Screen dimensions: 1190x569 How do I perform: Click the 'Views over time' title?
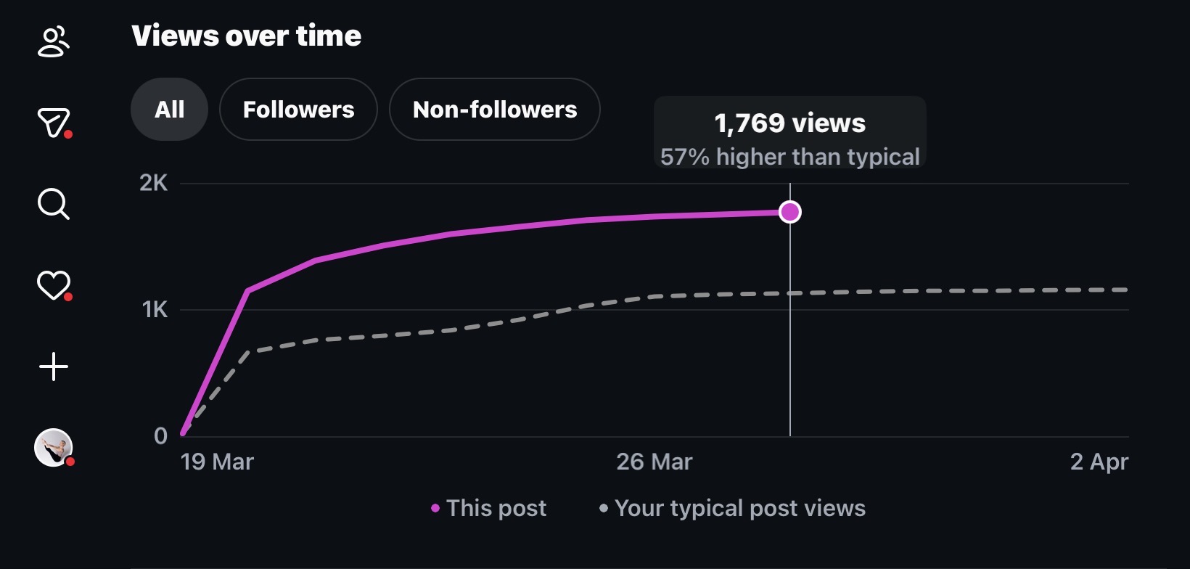247,36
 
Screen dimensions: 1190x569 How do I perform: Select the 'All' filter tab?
170,110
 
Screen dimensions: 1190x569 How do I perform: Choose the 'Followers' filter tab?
298,110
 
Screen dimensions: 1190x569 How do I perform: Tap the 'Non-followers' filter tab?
495,110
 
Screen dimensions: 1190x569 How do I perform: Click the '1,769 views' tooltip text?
790,123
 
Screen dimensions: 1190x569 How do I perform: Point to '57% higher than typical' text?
790,157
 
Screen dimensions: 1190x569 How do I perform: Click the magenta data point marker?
790,212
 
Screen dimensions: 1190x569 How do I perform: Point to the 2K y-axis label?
154,184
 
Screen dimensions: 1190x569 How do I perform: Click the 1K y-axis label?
155,310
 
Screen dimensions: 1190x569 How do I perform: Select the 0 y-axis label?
160,436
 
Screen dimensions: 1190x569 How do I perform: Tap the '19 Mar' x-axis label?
217,462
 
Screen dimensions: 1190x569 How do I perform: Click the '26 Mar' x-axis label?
654,462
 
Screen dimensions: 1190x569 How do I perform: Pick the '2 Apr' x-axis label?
1099,462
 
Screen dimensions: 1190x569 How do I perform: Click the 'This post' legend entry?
489,509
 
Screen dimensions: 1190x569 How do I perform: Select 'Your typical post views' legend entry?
733,509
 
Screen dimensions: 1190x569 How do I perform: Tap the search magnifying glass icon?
53,204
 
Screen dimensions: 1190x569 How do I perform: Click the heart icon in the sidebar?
53,284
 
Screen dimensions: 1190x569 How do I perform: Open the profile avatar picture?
53,447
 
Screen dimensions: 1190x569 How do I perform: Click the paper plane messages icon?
53,123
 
